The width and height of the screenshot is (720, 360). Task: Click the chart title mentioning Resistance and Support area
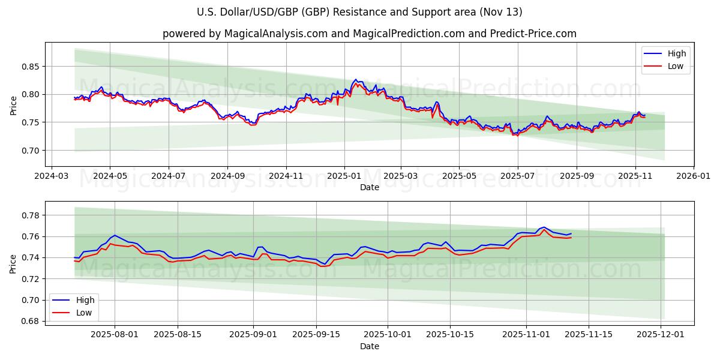[359, 12]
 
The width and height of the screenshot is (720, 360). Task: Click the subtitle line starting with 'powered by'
[369, 34]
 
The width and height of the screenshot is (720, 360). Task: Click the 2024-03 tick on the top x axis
[52, 177]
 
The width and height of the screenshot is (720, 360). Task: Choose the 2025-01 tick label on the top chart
[344, 177]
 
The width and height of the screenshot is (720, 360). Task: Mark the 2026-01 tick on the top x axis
[693, 177]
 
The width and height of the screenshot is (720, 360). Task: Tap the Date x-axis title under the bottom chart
[369, 347]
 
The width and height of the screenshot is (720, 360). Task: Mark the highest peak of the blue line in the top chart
[356, 79]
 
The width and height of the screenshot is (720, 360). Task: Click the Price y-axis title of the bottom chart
[13, 263]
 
